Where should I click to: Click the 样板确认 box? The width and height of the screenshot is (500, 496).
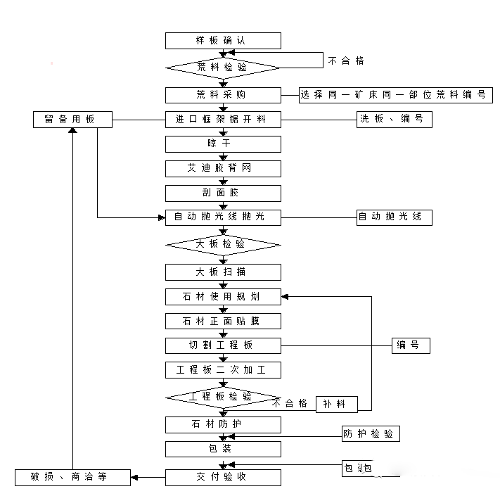point(223,41)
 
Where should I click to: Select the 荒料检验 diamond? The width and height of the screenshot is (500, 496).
point(223,68)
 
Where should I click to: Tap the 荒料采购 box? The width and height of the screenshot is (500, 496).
point(223,95)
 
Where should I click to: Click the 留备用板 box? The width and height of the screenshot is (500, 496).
point(73,120)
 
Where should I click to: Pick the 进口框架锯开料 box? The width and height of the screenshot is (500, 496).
point(223,120)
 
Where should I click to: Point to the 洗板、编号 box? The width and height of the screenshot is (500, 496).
point(393,120)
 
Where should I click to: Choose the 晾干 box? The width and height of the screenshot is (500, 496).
point(223,144)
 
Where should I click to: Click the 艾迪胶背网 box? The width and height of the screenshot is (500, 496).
point(223,169)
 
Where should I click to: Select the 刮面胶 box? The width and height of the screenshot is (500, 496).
point(223,193)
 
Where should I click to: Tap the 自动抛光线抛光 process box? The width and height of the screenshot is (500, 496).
point(223,217)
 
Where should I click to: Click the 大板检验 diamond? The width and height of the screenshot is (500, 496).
point(223,245)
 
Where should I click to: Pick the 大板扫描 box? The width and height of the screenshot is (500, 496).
point(223,272)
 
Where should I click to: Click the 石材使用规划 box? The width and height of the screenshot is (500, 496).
point(223,297)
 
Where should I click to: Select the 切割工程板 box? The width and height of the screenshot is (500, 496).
point(223,345)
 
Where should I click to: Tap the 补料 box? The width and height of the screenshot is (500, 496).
point(336,404)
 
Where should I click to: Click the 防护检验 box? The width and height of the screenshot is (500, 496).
point(370,434)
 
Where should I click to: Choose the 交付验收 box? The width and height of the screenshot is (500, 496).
point(223,477)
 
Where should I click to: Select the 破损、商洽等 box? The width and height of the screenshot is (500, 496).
point(73,477)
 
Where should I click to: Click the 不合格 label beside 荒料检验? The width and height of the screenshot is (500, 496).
point(346,61)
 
